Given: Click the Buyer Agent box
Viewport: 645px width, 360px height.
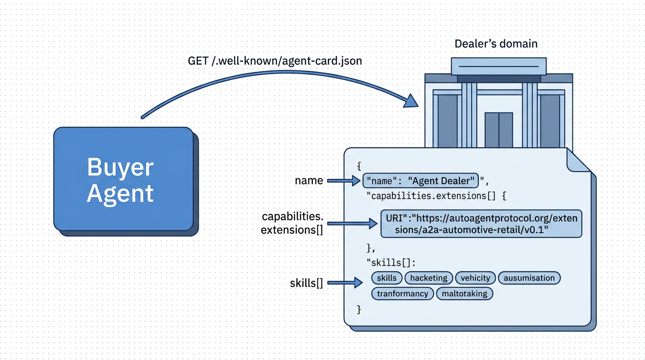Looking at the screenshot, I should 123,179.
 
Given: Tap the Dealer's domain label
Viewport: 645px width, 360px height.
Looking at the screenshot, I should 496,44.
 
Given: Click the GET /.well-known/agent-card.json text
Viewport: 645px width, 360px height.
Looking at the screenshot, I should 275,61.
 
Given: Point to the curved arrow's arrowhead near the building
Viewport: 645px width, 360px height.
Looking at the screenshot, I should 412,100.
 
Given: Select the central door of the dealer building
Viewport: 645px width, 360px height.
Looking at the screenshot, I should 499,130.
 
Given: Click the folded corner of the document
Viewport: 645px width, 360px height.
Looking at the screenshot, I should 577,161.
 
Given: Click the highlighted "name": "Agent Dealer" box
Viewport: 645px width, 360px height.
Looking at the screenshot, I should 420,180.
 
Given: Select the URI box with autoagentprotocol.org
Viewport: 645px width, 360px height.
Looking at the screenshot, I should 480,224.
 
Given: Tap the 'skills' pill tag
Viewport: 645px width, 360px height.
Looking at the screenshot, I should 387,278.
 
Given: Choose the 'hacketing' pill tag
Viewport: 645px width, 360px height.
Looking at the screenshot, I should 428,278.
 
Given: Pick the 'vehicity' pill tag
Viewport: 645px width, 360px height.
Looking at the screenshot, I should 475,278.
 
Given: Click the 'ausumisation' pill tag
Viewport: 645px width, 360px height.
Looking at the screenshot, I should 529,278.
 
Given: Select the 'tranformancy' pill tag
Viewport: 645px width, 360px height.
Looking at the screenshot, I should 403,294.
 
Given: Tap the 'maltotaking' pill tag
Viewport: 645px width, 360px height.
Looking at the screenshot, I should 465,294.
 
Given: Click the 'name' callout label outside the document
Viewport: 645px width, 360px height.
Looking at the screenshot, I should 308,180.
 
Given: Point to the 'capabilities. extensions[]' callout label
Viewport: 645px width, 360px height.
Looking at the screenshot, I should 292,223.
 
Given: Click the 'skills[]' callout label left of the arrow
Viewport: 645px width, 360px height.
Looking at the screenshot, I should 306,283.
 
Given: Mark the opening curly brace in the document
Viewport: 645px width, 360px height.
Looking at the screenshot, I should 359,165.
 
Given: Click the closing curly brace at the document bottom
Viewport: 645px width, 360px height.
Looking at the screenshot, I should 359,309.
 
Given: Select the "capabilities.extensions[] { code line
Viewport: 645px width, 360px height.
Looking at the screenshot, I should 436,196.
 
